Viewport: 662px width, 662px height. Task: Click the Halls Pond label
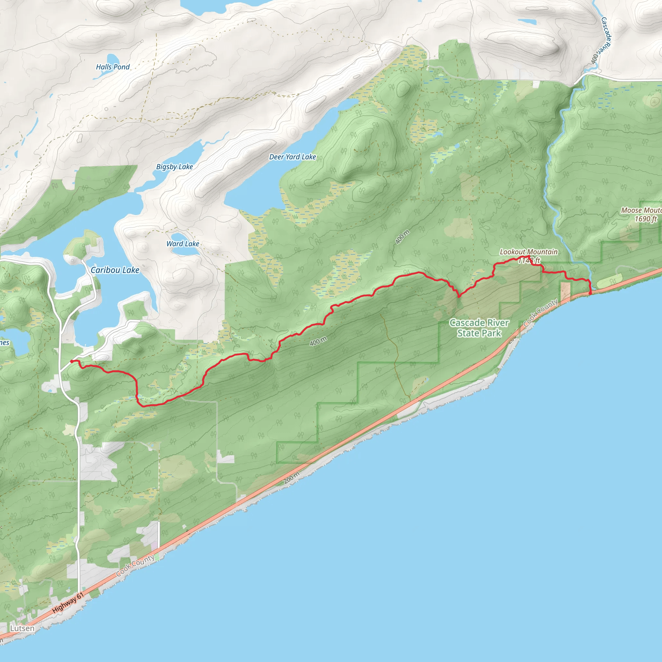coord(113,67)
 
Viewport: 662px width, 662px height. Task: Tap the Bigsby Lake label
coord(175,167)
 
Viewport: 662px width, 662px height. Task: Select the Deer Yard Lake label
coord(292,157)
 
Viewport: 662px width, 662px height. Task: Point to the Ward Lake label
coord(183,244)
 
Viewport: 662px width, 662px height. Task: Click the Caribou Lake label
coord(115,270)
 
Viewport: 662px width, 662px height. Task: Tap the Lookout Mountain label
coord(529,252)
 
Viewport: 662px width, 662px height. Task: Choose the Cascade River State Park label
coord(479,328)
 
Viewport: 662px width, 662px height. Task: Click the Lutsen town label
coord(22,628)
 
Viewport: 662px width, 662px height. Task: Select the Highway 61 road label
coord(68,603)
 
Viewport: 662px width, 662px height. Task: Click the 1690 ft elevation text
coord(646,219)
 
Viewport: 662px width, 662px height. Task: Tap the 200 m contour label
coord(292,477)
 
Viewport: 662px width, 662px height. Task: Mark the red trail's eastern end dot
coord(590,293)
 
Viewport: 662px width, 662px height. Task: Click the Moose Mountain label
coord(641,210)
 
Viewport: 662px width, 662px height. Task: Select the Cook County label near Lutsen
coord(135,565)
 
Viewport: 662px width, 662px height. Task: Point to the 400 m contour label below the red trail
coord(318,341)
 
